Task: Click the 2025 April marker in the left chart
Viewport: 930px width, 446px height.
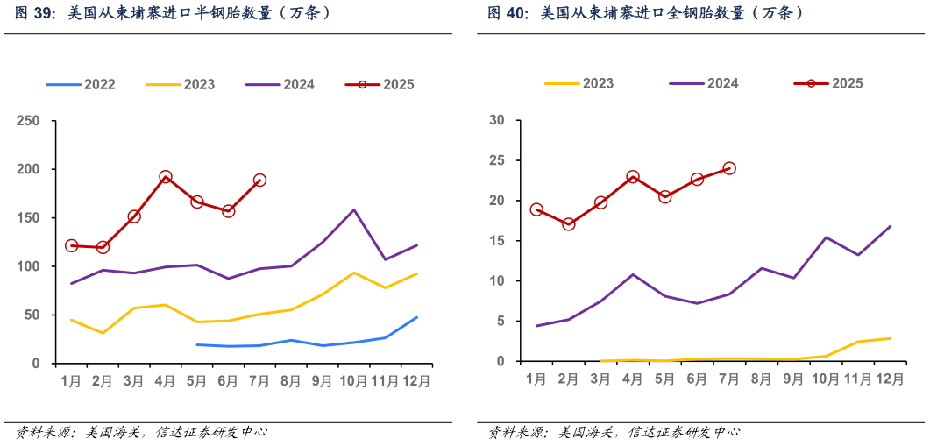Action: tap(166, 177)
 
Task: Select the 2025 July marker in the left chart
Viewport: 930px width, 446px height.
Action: tap(259, 181)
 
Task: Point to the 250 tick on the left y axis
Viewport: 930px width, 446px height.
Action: tap(29, 121)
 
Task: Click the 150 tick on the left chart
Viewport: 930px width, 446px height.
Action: tap(29, 218)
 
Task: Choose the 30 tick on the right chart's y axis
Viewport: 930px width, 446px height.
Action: tap(497, 120)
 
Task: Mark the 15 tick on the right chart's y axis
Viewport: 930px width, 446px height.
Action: tap(497, 241)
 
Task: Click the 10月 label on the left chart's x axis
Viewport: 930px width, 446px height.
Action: tap(353, 381)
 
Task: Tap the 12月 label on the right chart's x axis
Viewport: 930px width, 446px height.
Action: tap(890, 379)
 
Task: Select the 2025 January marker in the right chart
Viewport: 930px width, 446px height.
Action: tap(536, 210)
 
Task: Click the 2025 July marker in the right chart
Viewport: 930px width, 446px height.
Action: tap(729, 168)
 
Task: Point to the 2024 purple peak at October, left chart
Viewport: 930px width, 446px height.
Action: tap(353, 210)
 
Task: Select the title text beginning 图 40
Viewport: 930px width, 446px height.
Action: tap(645, 14)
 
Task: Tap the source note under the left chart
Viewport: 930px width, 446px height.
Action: tap(139, 431)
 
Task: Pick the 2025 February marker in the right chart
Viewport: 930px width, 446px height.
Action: tap(569, 224)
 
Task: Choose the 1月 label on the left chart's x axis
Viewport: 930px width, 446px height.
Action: tap(71, 381)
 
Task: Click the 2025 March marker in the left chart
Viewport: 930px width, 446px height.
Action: tap(134, 216)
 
